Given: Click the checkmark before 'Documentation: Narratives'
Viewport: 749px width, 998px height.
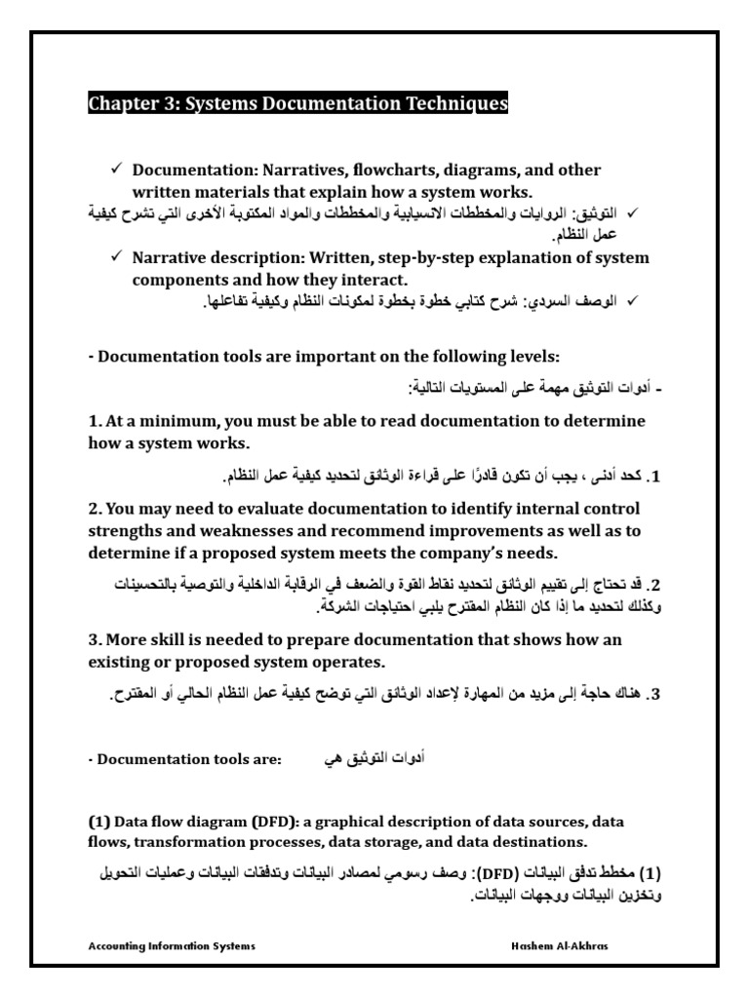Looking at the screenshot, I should click(116, 170).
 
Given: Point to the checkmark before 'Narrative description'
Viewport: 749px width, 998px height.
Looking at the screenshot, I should click(116, 257).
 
